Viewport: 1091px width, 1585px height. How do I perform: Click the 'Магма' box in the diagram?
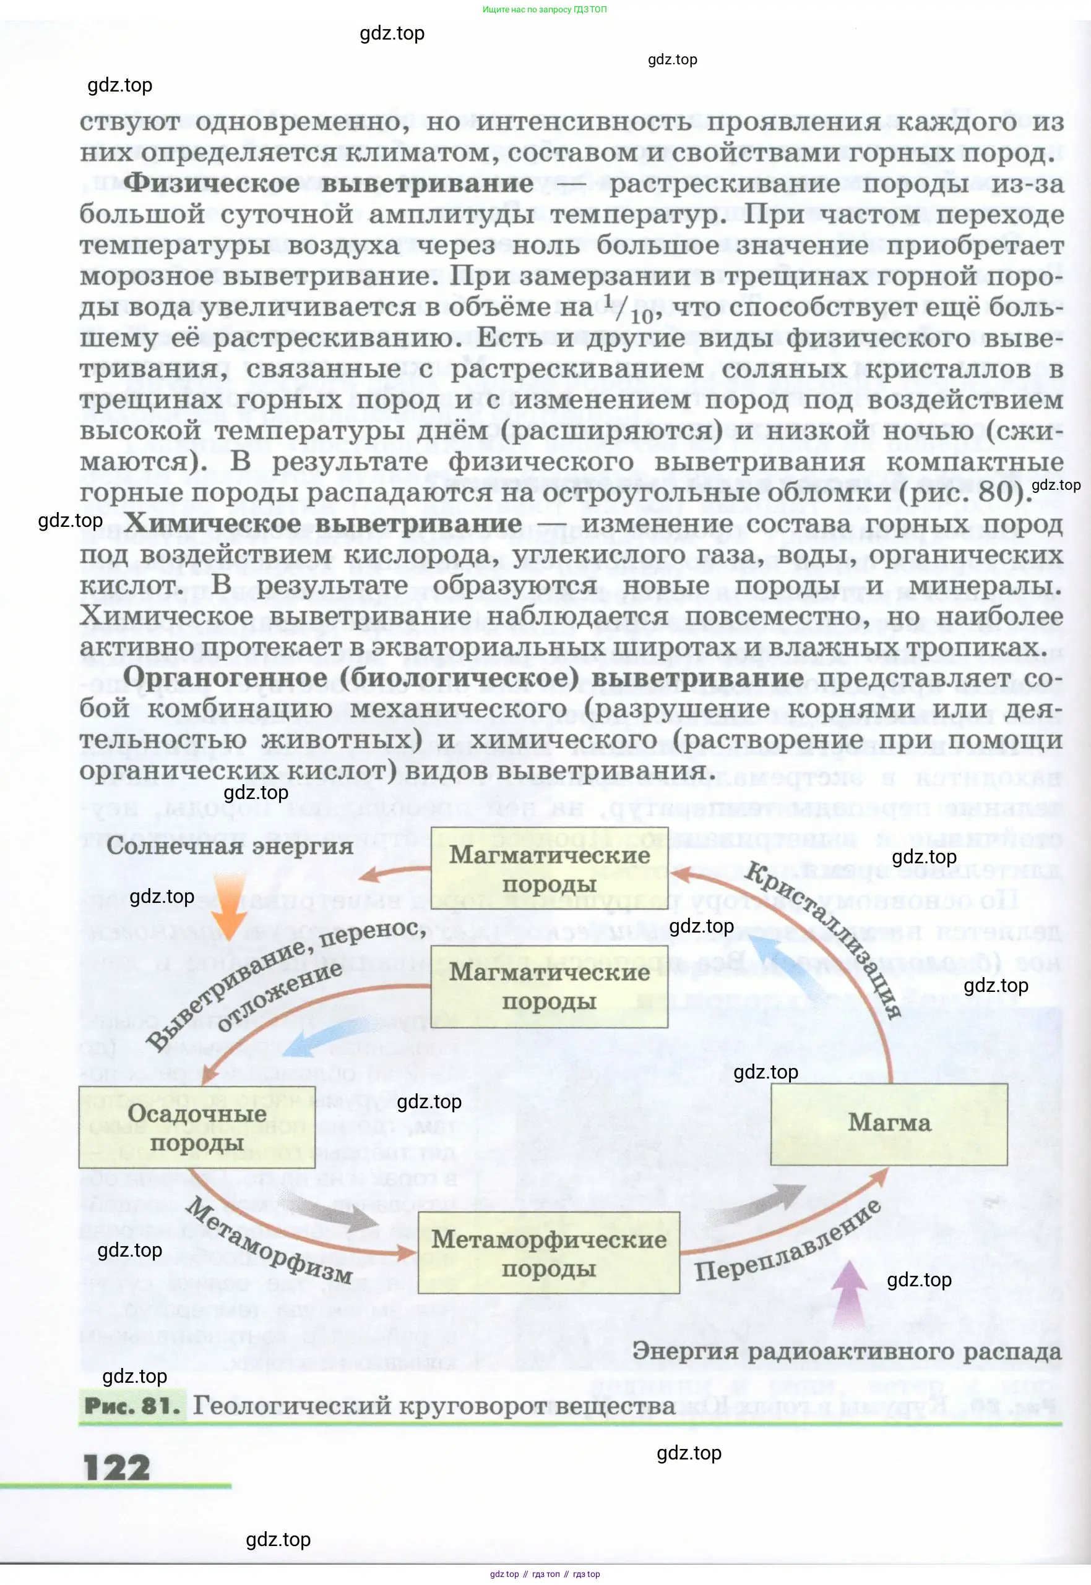[x=889, y=1124]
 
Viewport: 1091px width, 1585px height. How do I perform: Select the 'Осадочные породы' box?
[x=197, y=1127]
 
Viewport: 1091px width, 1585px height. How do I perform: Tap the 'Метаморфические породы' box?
[x=548, y=1253]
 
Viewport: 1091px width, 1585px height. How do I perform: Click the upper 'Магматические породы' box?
[x=549, y=869]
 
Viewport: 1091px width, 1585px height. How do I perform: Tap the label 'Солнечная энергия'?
[x=230, y=846]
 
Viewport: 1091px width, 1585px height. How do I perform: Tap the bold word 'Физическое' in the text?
[x=211, y=183]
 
